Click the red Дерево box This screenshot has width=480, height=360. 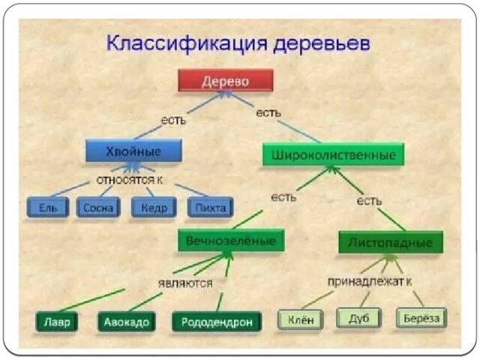point(225,80)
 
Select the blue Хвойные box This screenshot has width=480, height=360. point(133,151)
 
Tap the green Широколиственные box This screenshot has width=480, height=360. point(333,155)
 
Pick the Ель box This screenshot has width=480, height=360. point(48,207)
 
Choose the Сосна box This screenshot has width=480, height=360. point(98,207)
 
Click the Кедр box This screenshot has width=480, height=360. point(154,207)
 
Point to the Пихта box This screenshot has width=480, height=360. point(210,207)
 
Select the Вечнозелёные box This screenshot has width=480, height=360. point(220,241)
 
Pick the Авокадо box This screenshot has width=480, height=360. point(126,322)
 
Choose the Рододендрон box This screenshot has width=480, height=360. point(217,322)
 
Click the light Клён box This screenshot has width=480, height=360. point(300,319)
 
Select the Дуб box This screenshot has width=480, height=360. point(359,318)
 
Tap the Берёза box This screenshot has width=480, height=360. point(421,318)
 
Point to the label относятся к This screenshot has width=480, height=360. point(130,180)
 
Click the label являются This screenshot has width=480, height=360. point(185,283)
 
